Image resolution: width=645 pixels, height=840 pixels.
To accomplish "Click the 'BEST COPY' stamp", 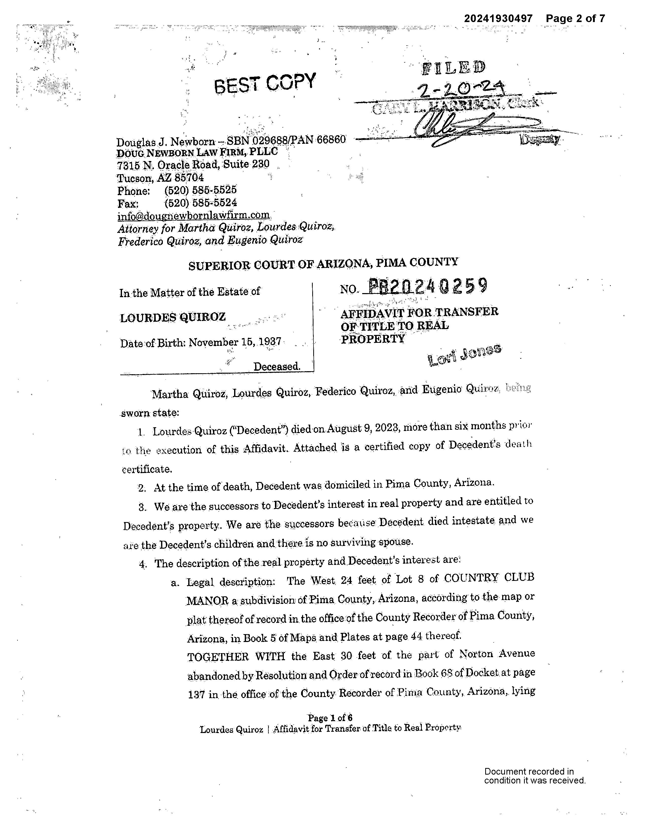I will [x=265, y=83].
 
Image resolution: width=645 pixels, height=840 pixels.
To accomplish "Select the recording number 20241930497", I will [x=498, y=19].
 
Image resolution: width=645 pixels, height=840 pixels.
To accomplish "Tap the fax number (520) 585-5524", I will [x=200, y=203].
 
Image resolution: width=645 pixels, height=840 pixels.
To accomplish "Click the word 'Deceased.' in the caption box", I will [x=277, y=366].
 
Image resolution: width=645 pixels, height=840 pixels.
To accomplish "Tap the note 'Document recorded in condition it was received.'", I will [x=534, y=776].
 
